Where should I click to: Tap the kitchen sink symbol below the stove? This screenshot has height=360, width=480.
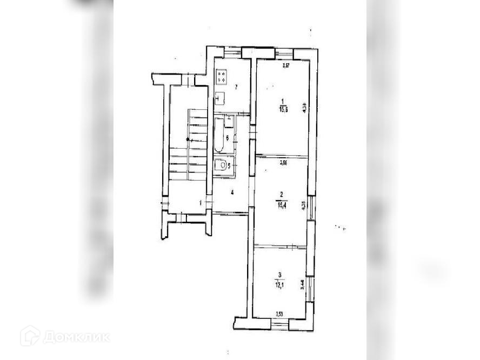coord(220,98)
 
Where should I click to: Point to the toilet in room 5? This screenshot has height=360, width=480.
coord(221,165)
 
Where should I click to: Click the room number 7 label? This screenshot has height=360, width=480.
coord(236,86)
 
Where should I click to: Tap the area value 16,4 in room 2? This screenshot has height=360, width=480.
coord(282,205)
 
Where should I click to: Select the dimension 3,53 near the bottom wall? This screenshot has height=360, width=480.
coord(279,314)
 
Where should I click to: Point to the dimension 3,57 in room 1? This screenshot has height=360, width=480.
coord(287,66)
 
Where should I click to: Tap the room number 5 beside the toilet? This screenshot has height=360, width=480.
coord(229,166)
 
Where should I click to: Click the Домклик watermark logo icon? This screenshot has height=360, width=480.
coord(30,336)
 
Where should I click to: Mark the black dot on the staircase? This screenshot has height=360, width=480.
coord(188,139)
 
